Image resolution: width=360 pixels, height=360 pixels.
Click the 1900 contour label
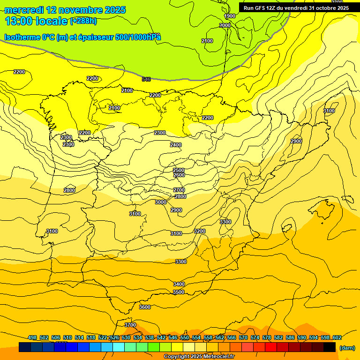[230, 16]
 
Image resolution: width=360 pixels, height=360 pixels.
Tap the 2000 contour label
[225, 25]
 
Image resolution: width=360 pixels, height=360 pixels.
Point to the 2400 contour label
[176, 145]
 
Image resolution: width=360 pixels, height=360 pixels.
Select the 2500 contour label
[179, 170]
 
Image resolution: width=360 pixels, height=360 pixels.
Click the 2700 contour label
[179, 190]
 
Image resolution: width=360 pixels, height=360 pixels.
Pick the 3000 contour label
[161, 202]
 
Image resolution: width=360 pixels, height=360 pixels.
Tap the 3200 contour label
[200, 231]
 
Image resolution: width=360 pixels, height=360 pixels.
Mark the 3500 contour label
[179, 292]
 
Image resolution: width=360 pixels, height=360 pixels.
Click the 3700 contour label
[130, 325]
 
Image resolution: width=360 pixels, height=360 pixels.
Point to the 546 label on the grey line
[146, 79]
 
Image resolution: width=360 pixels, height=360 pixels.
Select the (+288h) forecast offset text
[83, 21]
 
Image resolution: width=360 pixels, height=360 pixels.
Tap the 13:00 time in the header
[20, 21]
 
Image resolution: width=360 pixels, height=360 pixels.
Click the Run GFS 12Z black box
[296, 8]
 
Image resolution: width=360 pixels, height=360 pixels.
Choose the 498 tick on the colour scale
[32, 337]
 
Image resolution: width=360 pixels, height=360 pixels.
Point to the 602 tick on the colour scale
[337, 337]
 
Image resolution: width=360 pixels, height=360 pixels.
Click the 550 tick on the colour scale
[184, 337]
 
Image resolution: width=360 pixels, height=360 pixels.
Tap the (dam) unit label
[347, 347]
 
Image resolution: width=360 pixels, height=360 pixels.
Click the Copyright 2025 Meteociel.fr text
[199, 357]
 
